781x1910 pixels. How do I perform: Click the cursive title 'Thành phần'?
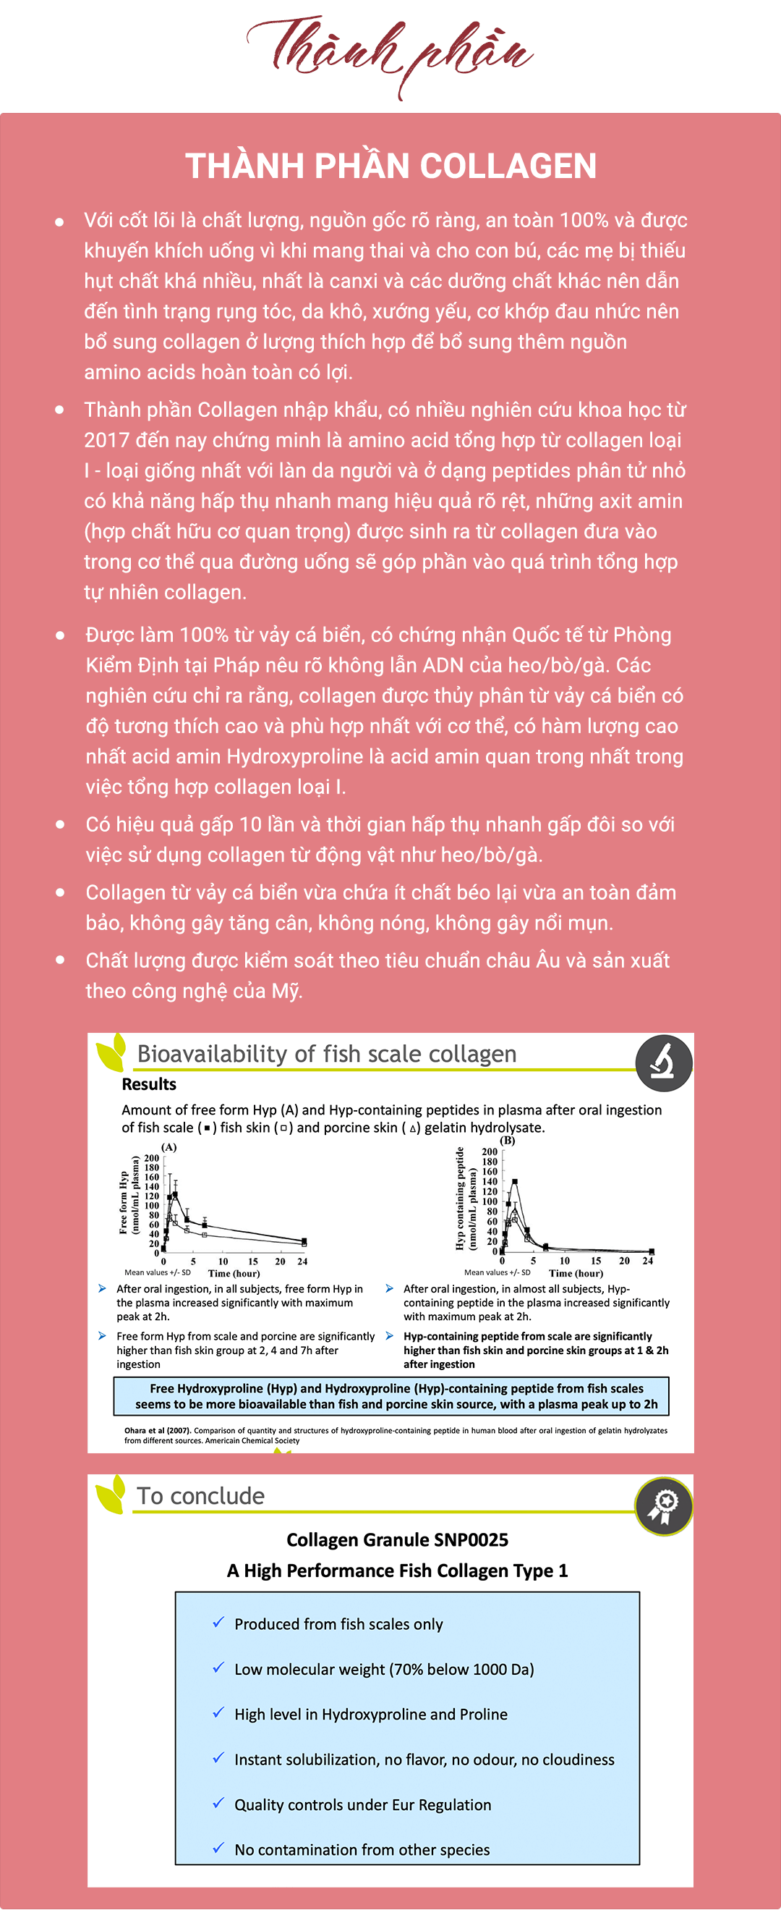[x=390, y=52]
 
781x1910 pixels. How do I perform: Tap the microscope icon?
[x=663, y=1062]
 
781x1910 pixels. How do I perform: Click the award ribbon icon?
[x=663, y=1506]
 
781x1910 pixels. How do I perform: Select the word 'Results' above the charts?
[x=149, y=1084]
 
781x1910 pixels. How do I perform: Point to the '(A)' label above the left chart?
[x=169, y=1147]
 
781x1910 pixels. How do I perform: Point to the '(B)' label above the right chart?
[x=508, y=1141]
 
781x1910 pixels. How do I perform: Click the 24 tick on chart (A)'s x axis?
[x=302, y=1262]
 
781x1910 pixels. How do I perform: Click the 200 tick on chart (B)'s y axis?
[x=490, y=1152]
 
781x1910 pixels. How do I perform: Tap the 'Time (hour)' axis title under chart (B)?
[x=576, y=1273]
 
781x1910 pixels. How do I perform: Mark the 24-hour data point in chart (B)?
[x=652, y=1251]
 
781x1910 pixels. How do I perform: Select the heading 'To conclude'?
[x=201, y=1495]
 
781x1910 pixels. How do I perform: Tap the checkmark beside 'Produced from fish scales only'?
[x=218, y=1623]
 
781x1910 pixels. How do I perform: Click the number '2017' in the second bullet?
[x=106, y=441]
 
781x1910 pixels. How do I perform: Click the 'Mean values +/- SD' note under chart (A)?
[x=157, y=1272]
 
